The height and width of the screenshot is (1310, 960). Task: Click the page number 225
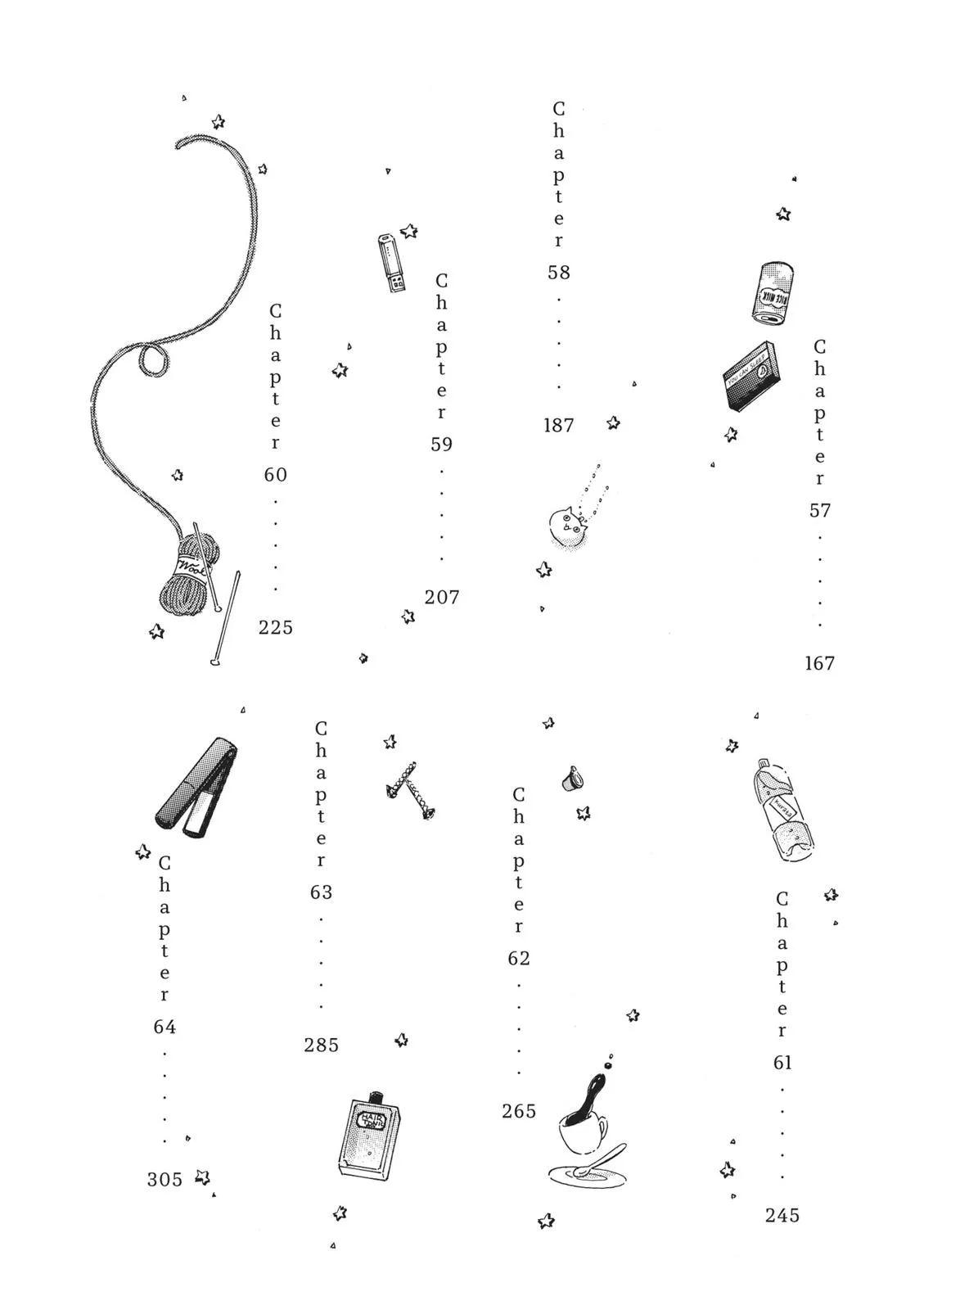point(276,628)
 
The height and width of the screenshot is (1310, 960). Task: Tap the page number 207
point(442,598)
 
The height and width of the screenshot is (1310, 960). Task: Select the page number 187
point(559,426)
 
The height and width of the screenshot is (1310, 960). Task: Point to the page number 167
point(819,664)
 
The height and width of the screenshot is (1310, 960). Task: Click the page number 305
point(165,1180)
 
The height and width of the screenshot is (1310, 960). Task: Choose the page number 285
point(321,1046)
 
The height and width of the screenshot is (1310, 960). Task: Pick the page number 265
point(519,1112)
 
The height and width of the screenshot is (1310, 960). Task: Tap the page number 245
point(782,1216)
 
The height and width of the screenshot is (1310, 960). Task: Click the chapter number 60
point(276,475)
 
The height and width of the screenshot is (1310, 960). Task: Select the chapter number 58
point(559,273)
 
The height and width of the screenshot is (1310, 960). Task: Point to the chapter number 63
point(321,892)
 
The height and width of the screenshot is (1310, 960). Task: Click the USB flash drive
point(391,262)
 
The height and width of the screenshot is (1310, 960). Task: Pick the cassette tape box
point(750,376)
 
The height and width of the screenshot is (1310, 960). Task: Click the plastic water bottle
point(783,811)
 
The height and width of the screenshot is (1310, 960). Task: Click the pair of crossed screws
point(410,789)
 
